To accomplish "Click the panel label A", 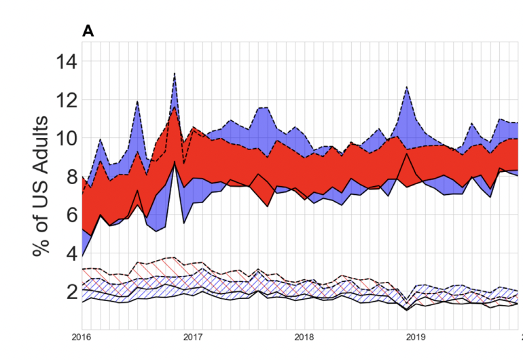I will [x=88, y=31].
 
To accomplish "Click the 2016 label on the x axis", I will [x=82, y=336].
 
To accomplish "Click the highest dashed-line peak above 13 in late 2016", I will [x=175, y=73].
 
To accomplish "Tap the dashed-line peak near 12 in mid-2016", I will [x=138, y=101].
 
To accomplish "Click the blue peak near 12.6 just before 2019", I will [x=406, y=87].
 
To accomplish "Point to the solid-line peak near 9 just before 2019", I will [x=406, y=154].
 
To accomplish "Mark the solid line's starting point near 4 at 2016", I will [x=82, y=257].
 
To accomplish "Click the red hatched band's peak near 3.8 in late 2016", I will [x=175, y=257].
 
